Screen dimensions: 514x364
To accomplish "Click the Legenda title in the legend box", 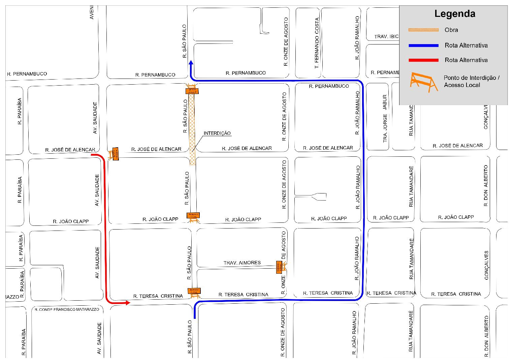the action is (454, 14).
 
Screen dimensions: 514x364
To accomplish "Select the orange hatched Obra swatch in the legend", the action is (423, 30).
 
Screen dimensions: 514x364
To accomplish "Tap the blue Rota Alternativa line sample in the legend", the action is (423, 45).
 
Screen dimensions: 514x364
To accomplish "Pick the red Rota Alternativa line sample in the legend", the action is (423, 60).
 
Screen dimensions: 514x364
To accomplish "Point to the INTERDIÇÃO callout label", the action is (217, 133).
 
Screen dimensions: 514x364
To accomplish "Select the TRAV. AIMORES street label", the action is (242, 263).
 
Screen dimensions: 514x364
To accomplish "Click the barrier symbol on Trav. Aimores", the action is (281, 267).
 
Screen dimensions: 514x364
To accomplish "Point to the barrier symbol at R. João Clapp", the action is (193, 217).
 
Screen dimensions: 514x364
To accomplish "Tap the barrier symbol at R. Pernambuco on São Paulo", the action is (192, 89).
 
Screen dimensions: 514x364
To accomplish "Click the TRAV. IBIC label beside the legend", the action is (386, 36).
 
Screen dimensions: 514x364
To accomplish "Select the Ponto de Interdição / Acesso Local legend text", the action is (471, 81).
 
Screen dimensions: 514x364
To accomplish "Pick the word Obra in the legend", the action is (451, 30).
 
